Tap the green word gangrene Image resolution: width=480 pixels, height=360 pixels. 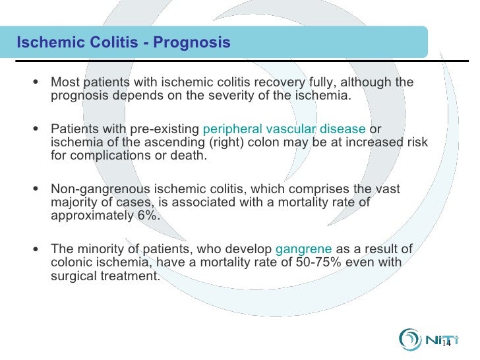click(304, 249)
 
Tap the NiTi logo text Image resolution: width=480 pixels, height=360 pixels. click(437, 338)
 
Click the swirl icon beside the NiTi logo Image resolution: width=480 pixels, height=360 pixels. click(410, 338)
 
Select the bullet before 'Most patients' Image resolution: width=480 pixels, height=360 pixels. click(35, 82)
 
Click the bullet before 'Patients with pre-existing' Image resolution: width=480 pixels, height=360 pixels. click(35, 129)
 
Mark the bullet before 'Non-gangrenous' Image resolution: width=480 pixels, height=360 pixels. click(35, 189)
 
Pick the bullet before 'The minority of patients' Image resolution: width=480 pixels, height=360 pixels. click(35, 249)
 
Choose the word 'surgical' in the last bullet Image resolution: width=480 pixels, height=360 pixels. click(73, 276)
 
